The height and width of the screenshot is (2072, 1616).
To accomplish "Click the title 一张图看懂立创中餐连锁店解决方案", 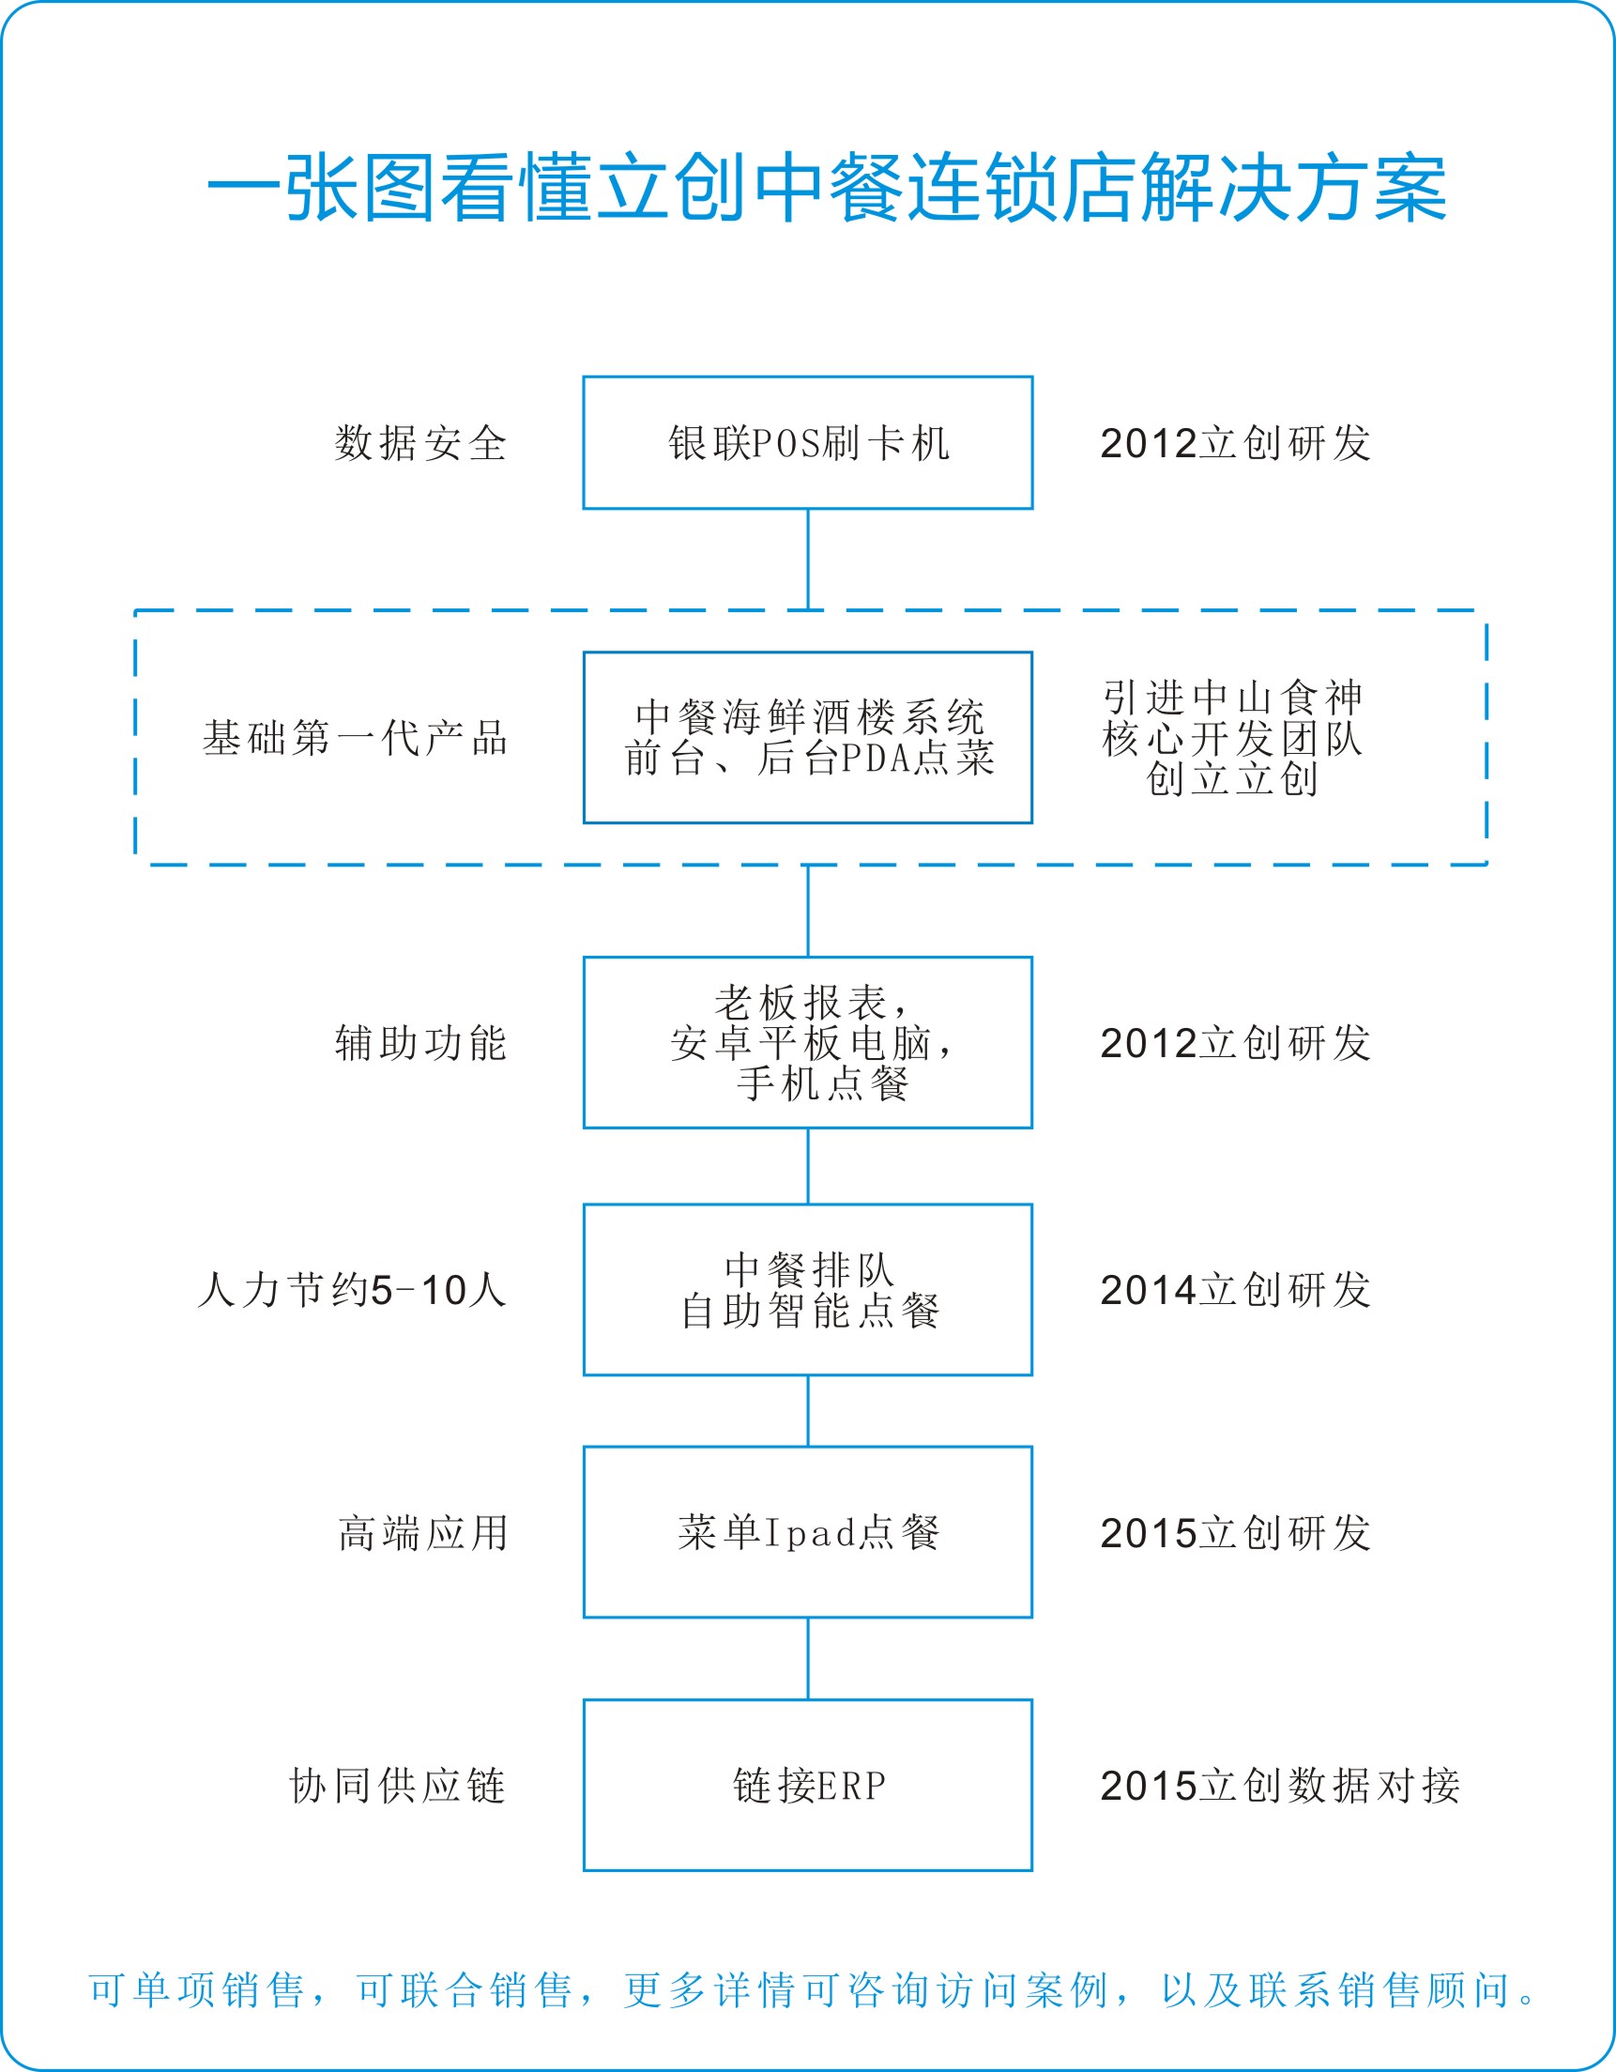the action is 827,188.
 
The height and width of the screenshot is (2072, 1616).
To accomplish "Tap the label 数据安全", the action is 420,443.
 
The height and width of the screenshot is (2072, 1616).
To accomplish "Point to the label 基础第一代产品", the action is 355,737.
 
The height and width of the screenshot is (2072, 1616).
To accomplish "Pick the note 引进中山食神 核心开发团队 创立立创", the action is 1232,737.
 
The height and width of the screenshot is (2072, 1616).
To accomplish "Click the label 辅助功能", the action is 420,1043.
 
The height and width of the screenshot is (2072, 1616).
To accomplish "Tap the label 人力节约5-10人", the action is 352,1290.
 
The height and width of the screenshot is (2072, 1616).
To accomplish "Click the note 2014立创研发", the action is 1236,1290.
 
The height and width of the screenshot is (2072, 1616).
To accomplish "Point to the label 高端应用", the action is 423,1533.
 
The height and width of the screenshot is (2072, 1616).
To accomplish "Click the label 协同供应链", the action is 397,1786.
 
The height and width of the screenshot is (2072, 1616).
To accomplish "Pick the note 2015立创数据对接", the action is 1280,1786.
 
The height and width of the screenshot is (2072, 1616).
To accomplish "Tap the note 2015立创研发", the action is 1236,1533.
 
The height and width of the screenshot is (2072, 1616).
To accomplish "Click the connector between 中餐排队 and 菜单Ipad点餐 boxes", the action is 808,1411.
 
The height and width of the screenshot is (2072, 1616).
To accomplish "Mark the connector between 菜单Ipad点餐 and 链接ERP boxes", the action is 808,1659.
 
